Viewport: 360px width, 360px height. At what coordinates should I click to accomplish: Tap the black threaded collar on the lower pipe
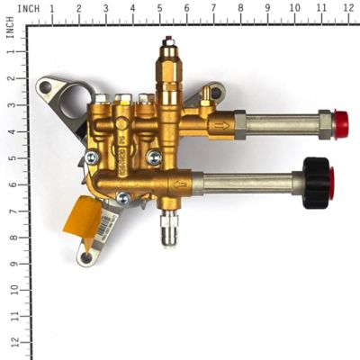[317, 182]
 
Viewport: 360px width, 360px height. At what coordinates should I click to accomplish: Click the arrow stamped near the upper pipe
[221, 127]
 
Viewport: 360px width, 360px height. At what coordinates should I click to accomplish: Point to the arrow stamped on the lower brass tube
[180, 185]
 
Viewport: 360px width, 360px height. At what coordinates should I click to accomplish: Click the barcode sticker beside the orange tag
[108, 220]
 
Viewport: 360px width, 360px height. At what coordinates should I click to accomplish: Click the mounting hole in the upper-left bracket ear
[45, 87]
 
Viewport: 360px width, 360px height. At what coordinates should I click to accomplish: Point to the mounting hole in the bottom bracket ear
[86, 257]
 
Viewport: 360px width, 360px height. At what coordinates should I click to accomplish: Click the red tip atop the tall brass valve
[168, 40]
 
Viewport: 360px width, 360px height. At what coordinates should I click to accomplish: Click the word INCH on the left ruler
[9, 31]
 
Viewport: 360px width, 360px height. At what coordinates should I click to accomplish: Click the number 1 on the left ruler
[11, 51]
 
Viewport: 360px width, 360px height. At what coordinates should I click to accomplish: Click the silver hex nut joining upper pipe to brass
[238, 123]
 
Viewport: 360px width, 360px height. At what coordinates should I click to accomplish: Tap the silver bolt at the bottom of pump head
[122, 197]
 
